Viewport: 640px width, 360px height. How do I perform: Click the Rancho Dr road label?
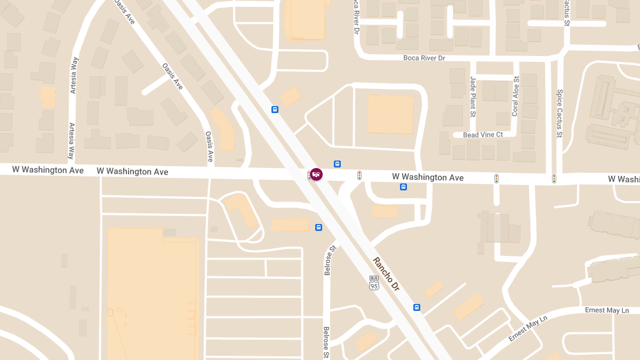pyautogui.click(x=386, y=274)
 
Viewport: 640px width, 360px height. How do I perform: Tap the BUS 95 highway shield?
pyautogui.click(x=374, y=283)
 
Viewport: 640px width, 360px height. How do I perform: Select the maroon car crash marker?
pyautogui.click(x=316, y=174)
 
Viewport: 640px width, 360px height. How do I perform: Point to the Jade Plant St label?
pyautogui.click(x=473, y=97)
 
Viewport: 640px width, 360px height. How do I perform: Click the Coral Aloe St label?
pyautogui.click(x=515, y=97)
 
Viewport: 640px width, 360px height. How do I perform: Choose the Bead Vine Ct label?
pyautogui.click(x=483, y=135)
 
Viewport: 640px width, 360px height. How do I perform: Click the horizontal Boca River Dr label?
pyautogui.click(x=424, y=58)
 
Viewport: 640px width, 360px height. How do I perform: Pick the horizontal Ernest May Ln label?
pyautogui.click(x=607, y=310)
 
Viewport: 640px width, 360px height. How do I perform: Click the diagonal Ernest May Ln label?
pyautogui.click(x=528, y=329)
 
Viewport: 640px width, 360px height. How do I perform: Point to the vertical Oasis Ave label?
pyautogui.click(x=210, y=147)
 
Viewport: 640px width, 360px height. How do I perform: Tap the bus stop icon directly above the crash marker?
pyautogui.click(x=337, y=164)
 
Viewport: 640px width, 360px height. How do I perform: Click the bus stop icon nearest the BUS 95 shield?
pyautogui.click(x=417, y=307)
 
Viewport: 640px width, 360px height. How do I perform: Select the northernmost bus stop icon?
pyautogui.click(x=275, y=110)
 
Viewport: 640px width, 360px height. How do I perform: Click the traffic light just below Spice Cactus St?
pyautogui.click(x=554, y=179)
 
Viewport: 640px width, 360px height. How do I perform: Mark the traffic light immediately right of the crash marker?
pyautogui.click(x=359, y=175)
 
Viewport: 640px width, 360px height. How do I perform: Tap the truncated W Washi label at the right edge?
pyautogui.click(x=623, y=179)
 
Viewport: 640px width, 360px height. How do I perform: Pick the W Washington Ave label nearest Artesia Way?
pyautogui.click(x=48, y=170)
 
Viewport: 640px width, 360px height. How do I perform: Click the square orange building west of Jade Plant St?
pyautogui.click(x=390, y=114)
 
